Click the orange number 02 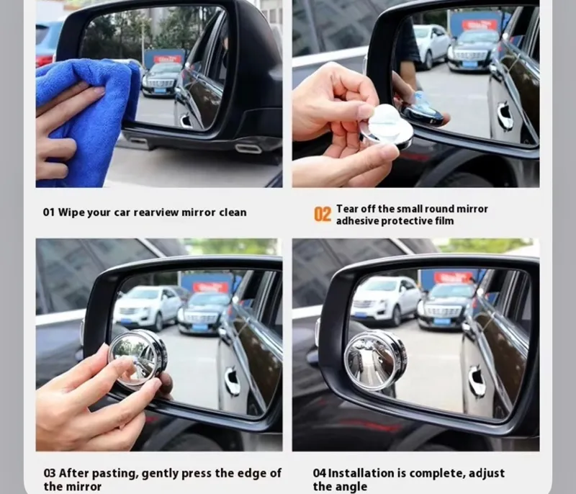322,214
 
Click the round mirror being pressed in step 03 138,357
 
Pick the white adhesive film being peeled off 387,121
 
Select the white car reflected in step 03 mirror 148,307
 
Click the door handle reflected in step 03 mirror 233,381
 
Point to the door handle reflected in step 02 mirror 504,117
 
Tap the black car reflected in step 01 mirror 161,80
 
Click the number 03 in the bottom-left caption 50,473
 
